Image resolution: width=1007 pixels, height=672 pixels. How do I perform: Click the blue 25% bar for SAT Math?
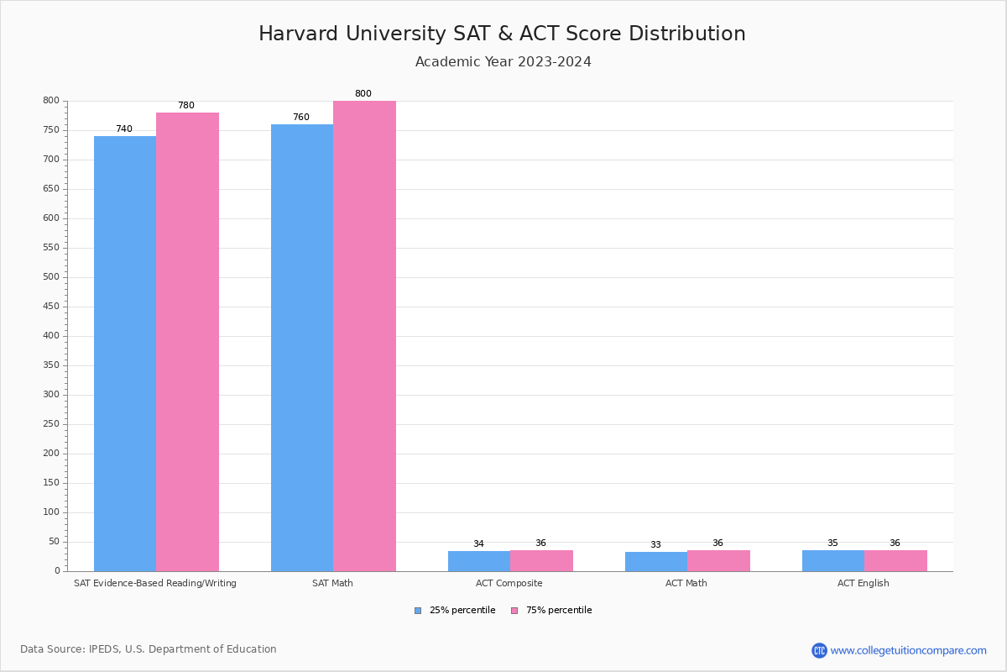(302, 348)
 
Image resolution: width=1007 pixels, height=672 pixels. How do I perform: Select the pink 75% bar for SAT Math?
(364, 336)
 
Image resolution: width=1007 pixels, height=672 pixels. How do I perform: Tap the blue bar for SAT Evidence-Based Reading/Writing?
(125, 354)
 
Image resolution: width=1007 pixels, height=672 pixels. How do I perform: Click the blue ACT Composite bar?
(479, 561)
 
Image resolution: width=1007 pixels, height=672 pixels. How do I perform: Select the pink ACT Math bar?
(718, 561)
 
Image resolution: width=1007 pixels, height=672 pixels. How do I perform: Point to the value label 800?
(363, 94)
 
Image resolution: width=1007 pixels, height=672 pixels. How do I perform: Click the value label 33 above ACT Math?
(655, 544)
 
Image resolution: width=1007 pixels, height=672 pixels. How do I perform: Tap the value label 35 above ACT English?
(832, 543)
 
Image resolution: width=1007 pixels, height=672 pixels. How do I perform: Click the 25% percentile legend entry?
(455, 611)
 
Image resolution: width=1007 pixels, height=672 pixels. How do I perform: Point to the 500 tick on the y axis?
(51, 277)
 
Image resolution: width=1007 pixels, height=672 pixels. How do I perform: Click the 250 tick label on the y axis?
(51, 424)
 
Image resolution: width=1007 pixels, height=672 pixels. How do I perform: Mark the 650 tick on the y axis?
(51, 189)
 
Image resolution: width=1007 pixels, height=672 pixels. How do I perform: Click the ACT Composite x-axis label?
(509, 583)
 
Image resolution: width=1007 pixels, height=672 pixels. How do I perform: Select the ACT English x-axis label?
(863, 583)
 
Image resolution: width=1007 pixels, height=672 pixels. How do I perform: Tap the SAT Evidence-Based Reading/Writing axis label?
(155, 583)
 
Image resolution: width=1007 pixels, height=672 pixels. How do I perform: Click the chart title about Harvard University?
(502, 34)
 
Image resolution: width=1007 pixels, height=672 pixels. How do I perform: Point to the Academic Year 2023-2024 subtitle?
(503, 62)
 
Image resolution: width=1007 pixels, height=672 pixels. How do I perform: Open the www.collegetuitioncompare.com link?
(908, 650)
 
